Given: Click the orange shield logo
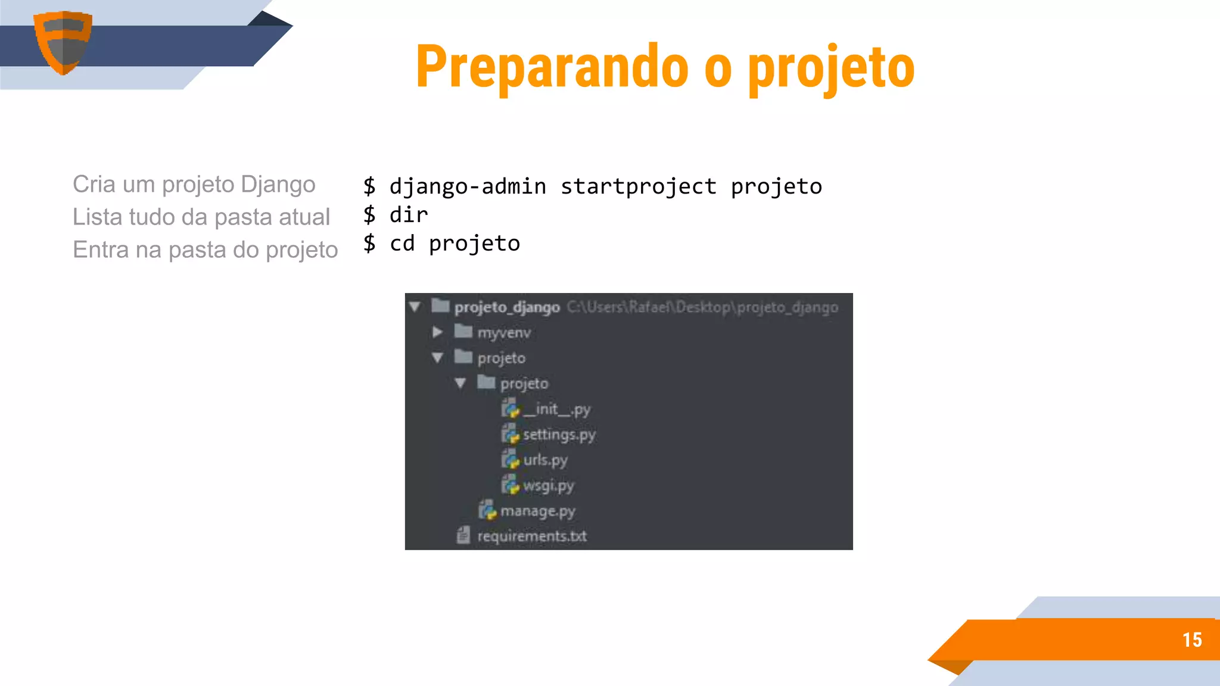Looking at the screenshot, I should pos(63,42).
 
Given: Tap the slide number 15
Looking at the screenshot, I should pos(1192,640).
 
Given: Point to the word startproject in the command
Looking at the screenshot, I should pos(639,187).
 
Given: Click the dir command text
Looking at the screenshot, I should pos(409,215).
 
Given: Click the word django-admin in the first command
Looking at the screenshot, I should pos(468,187).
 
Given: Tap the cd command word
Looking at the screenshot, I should pos(402,244).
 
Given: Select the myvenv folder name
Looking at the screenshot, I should pos(504,332).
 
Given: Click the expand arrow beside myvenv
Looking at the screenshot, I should pos(437,332).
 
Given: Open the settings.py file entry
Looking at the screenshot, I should pos(559,435).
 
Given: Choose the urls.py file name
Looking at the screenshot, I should pos(545,460).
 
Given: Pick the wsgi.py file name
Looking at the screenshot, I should pos(548,486).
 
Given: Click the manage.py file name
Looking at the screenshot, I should pos(537,512).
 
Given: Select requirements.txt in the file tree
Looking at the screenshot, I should pos(531,537).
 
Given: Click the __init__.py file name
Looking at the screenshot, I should pos(556,410).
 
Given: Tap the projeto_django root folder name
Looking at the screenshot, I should pos(507,307).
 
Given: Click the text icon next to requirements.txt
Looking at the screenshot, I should pos(463,535).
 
